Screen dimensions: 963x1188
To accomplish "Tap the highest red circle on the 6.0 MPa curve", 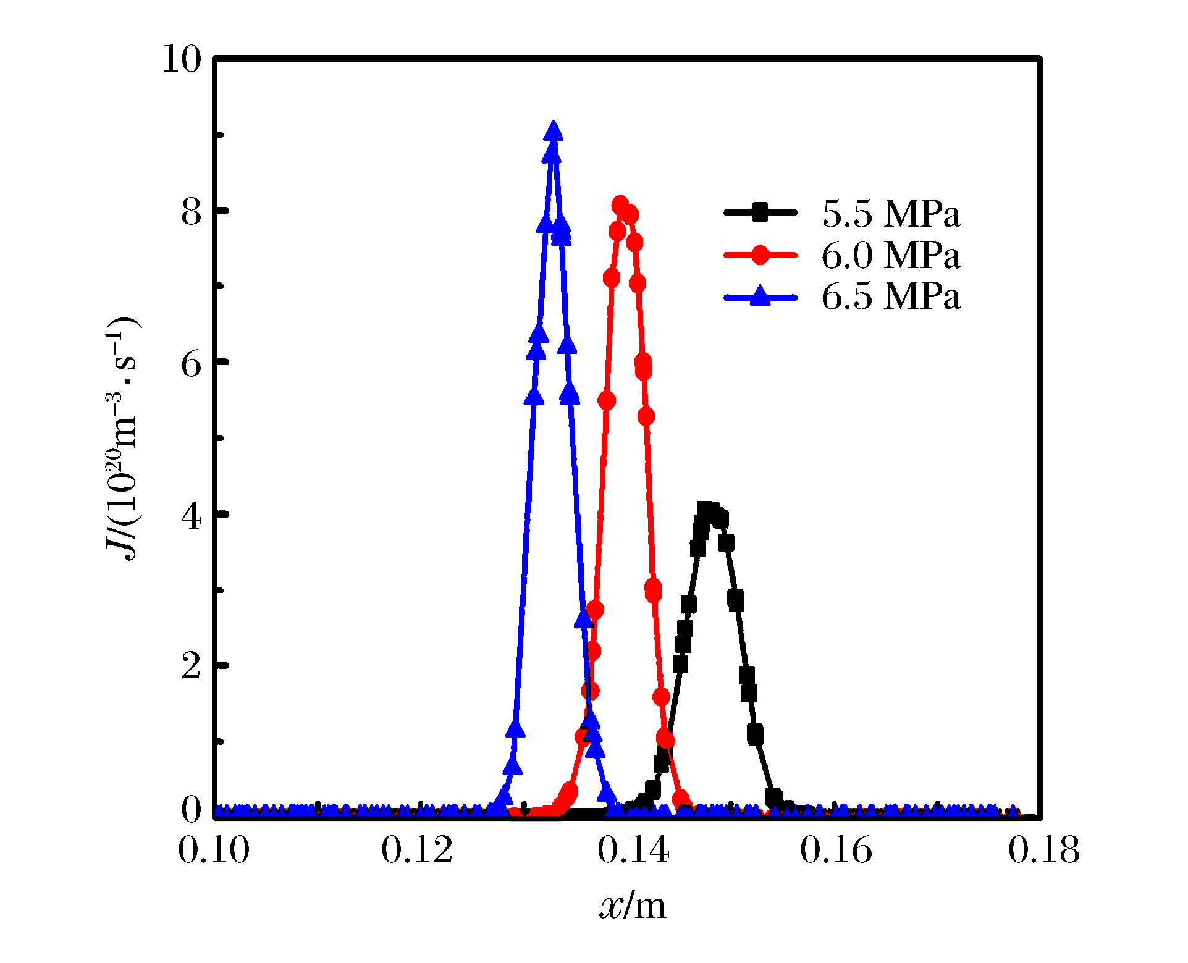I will [x=620, y=205].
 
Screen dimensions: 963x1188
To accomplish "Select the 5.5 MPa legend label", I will [x=891, y=214].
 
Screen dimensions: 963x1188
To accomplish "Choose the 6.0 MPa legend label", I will [x=891, y=255].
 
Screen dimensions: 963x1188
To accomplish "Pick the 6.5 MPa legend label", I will [x=891, y=296].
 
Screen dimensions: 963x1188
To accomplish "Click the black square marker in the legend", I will [x=760, y=212].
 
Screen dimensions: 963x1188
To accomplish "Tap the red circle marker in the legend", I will [x=760, y=254].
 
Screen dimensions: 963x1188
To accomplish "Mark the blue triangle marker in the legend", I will [x=760, y=296].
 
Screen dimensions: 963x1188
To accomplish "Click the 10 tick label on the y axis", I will [x=182, y=60].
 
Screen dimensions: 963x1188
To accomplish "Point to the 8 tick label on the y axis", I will [x=192, y=212].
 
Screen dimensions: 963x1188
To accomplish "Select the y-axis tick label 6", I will [x=192, y=364].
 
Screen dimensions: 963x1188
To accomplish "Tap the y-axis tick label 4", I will [x=192, y=516].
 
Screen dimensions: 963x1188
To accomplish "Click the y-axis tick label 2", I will [x=192, y=667].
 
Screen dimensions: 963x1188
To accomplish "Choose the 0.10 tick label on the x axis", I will [x=214, y=850].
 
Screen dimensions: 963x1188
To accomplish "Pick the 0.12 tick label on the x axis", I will [x=417, y=850].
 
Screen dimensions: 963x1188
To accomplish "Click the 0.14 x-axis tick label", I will [x=633, y=850].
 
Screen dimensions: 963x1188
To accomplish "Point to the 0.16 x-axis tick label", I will [x=836, y=850].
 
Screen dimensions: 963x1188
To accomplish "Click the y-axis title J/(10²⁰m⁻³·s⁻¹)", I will [x=121, y=439].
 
